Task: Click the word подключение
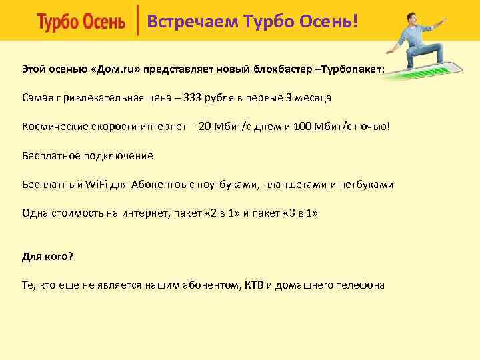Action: (x=120, y=155)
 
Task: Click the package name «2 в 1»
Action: (x=221, y=213)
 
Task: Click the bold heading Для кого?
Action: (x=47, y=256)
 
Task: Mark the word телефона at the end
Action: (x=360, y=285)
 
